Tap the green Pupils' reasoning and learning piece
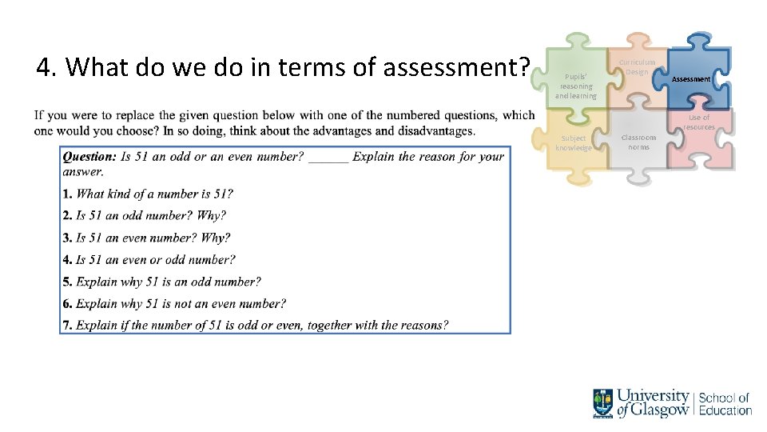pyautogui.click(x=576, y=82)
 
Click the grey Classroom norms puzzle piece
pyautogui.click(x=638, y=142)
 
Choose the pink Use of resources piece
pyautogui.click(x=699, y=136)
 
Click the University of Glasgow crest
pyautogui.click(x=603, y=403)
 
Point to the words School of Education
pyautogui.click(x=725, y=404)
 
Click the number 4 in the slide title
pyautogui.click(x=45, y=68)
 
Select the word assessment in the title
pyautogui.click(x=455, y=68)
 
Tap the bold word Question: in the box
pyautogui.click(x=89, y=157)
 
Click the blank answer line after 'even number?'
pyautogui.click(x=328, y=158)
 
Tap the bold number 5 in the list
pyautogui.click(x=67, y=282)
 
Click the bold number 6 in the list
pyautogui.click(x=67, y=303)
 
